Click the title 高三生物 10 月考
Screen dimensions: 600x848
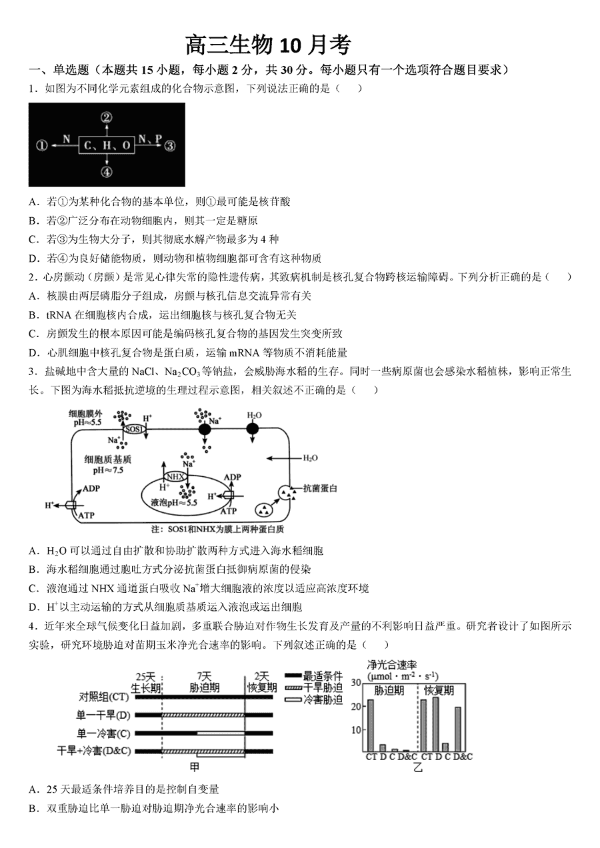click(268, 45)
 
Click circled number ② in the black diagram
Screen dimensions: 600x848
click(107, 118)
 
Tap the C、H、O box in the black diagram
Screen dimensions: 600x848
click(107, 145)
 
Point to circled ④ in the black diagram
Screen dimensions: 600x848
click(107, 172)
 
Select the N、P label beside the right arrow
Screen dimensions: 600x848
click(150, 139)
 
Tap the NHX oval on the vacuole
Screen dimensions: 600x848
click(175, 476)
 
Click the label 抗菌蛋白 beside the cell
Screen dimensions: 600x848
click(320, 488)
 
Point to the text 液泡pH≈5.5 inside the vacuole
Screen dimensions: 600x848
click(174, 503)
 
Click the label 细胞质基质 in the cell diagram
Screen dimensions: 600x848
click(107, 460)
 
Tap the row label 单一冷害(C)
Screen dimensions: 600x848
click(104, 733)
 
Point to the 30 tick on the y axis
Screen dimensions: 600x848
click(357, 683)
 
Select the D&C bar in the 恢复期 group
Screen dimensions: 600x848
click(458, 729)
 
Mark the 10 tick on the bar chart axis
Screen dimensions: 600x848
click(357, 729)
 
